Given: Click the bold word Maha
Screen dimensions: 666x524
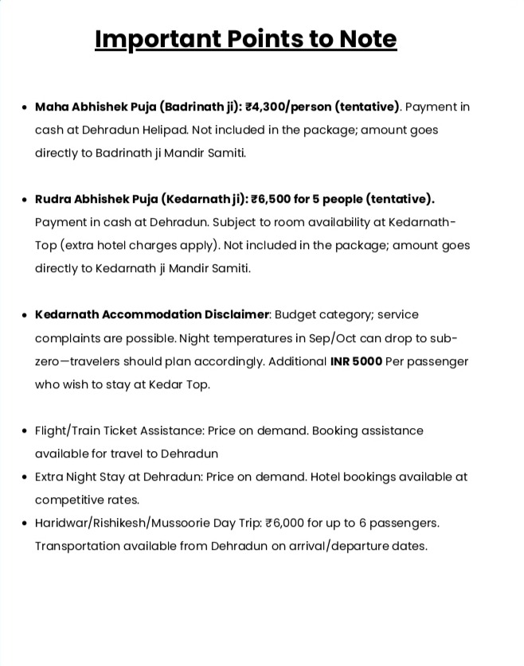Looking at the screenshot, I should (52, 107).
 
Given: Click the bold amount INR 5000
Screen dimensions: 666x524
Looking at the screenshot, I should (356, 361).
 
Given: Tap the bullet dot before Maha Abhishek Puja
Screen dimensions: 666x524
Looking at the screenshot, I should (25, 107).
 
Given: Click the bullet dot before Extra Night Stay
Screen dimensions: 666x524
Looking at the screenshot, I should (25, 477).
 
